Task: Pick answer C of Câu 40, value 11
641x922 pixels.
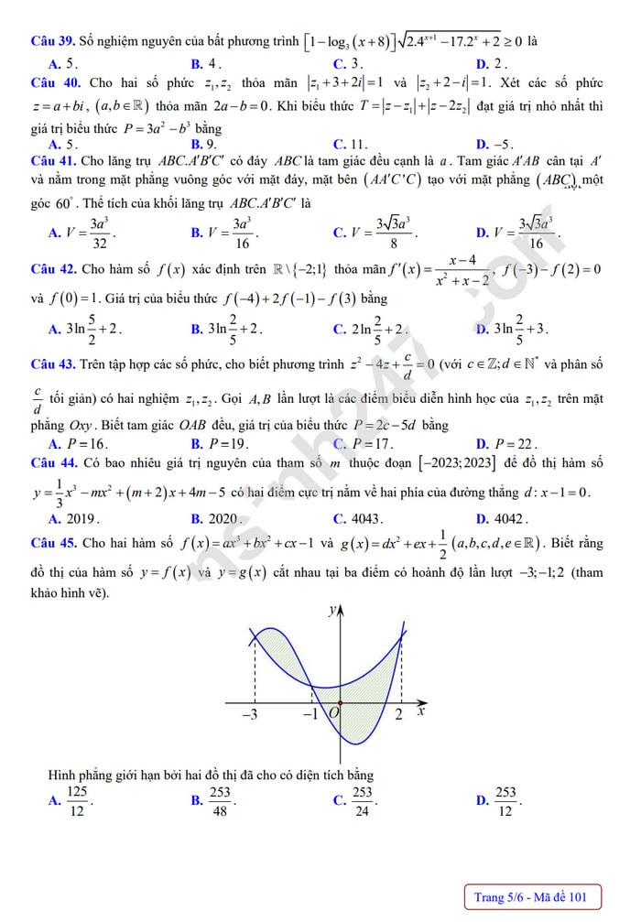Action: (x=351, y=144)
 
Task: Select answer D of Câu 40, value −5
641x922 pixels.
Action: (x=495, y=144)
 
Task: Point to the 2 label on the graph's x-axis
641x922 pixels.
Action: (x=398, y=714)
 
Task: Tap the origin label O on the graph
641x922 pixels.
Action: (x=333, y=712)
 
